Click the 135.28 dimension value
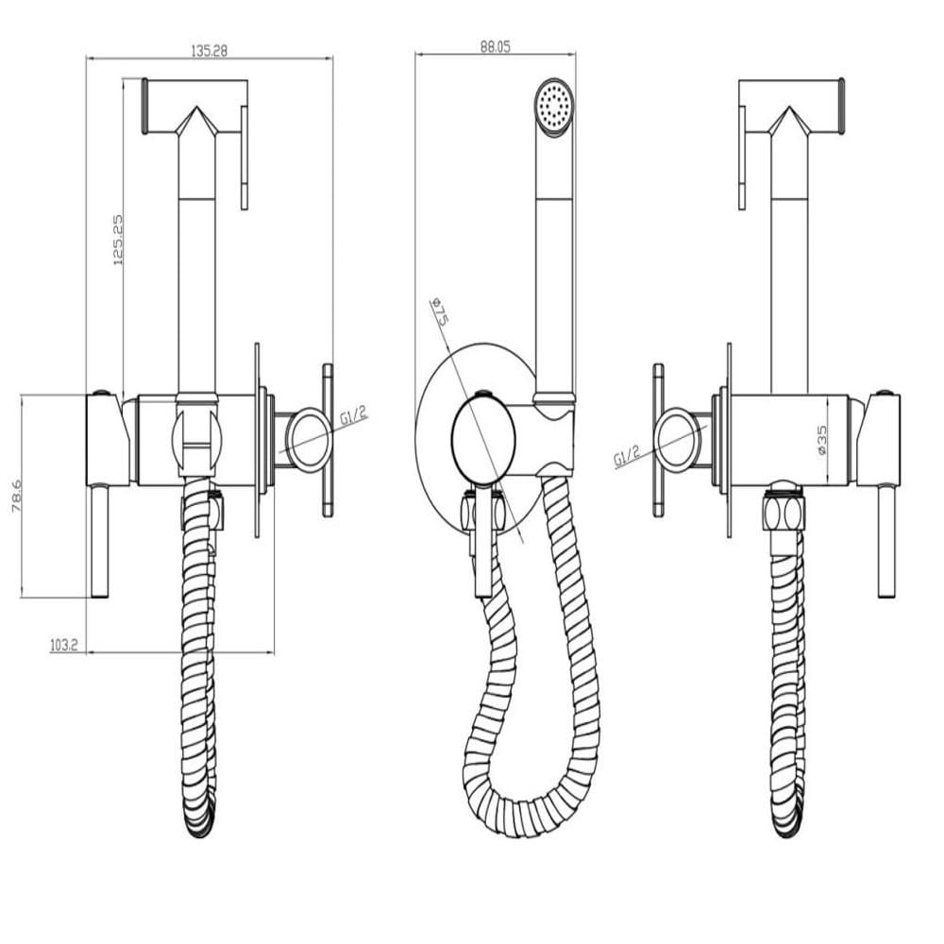[209, 51]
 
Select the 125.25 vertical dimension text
[117, 240]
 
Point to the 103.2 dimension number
[64, 646]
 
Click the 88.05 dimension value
[495, 47]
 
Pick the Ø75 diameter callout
[440, 312]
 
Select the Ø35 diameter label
[822, 440]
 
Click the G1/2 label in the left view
[353, 416]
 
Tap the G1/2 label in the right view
[627, 456]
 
